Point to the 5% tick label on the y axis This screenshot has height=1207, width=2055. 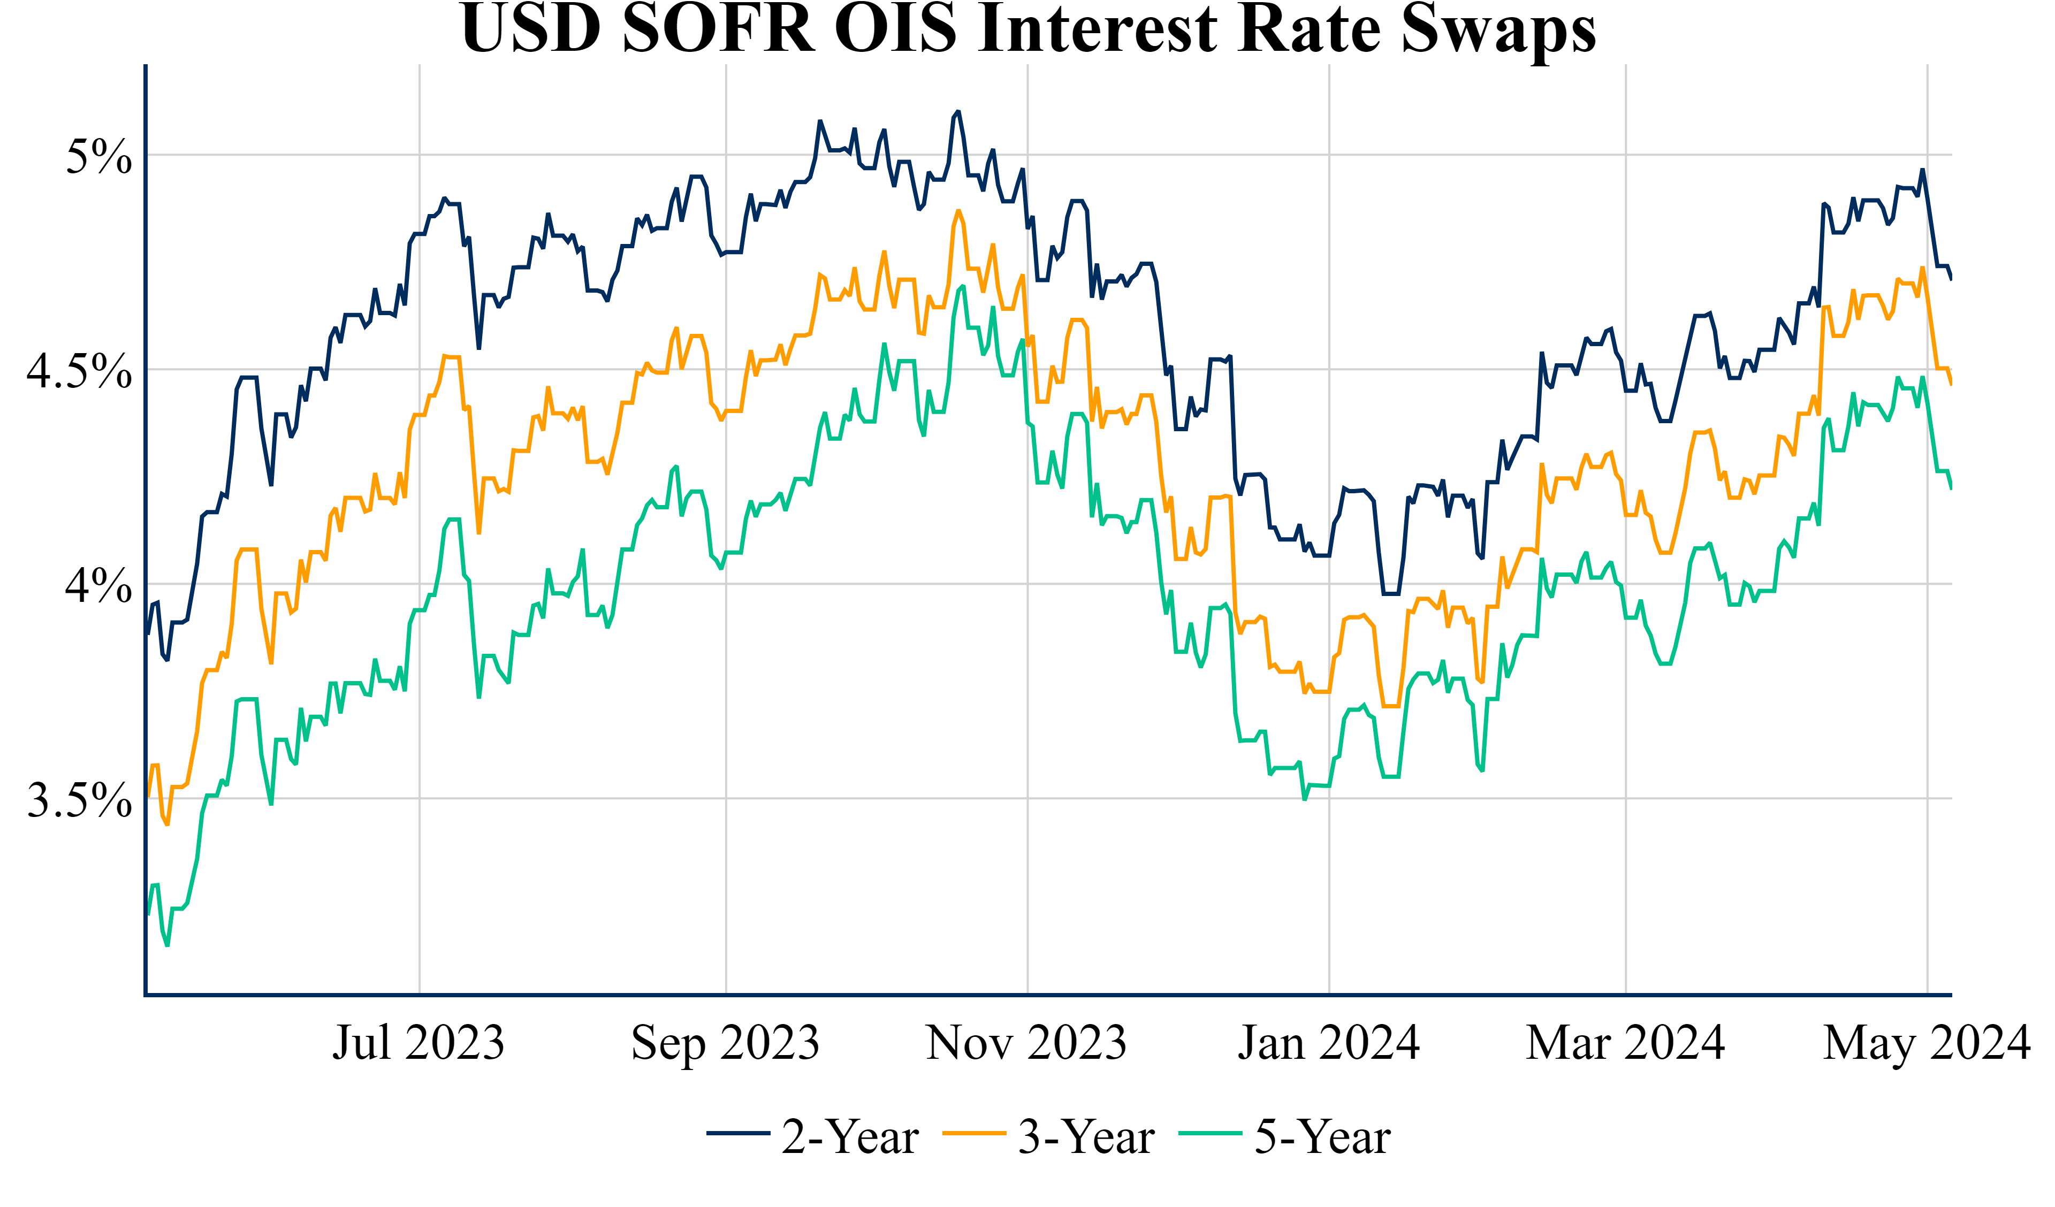coord(98,156)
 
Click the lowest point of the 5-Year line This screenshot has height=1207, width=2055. coord(167,945)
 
